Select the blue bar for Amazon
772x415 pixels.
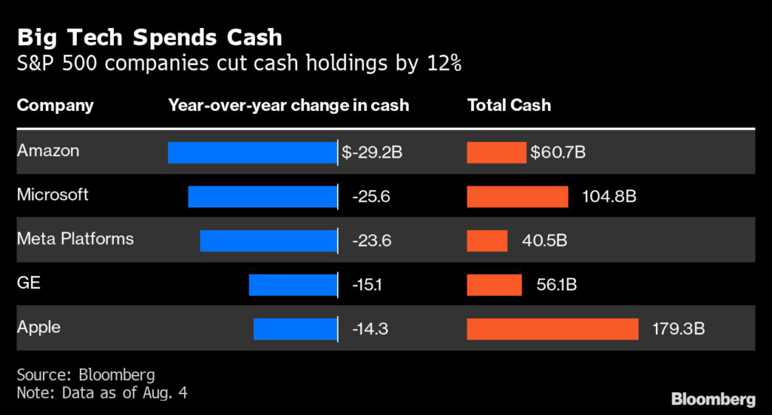252,152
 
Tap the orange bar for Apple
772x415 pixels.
553,329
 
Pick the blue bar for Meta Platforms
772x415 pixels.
268,241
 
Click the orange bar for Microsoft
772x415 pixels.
517,197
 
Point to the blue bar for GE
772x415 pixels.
293,284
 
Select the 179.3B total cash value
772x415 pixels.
679,330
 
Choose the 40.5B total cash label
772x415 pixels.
544,241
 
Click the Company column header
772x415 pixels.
55,105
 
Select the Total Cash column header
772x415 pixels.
509,105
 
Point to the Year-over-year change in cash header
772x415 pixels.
288,105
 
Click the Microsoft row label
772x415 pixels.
53,195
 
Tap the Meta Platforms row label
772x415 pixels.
75,239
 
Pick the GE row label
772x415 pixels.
29,283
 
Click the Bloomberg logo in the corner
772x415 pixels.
712,398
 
